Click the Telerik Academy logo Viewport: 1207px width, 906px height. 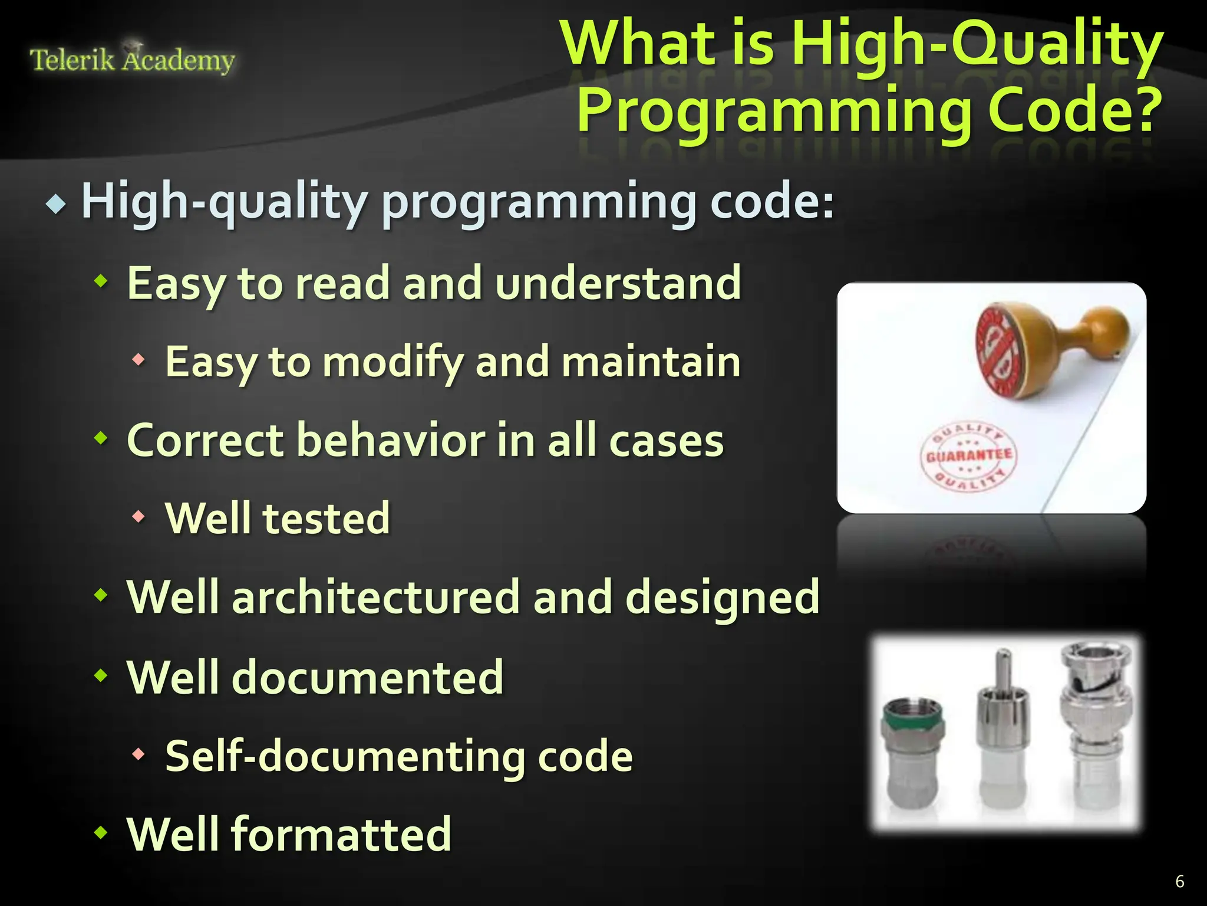pos(132,59)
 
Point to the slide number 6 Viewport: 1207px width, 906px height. pos(1179,881)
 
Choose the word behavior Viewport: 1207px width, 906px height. pos(389,441)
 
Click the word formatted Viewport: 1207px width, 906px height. pos(341,835)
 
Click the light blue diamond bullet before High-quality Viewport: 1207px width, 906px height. pos(56,205)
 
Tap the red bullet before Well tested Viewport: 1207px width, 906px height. pos(138,517)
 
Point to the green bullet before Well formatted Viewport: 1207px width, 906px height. pos(101,833)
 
